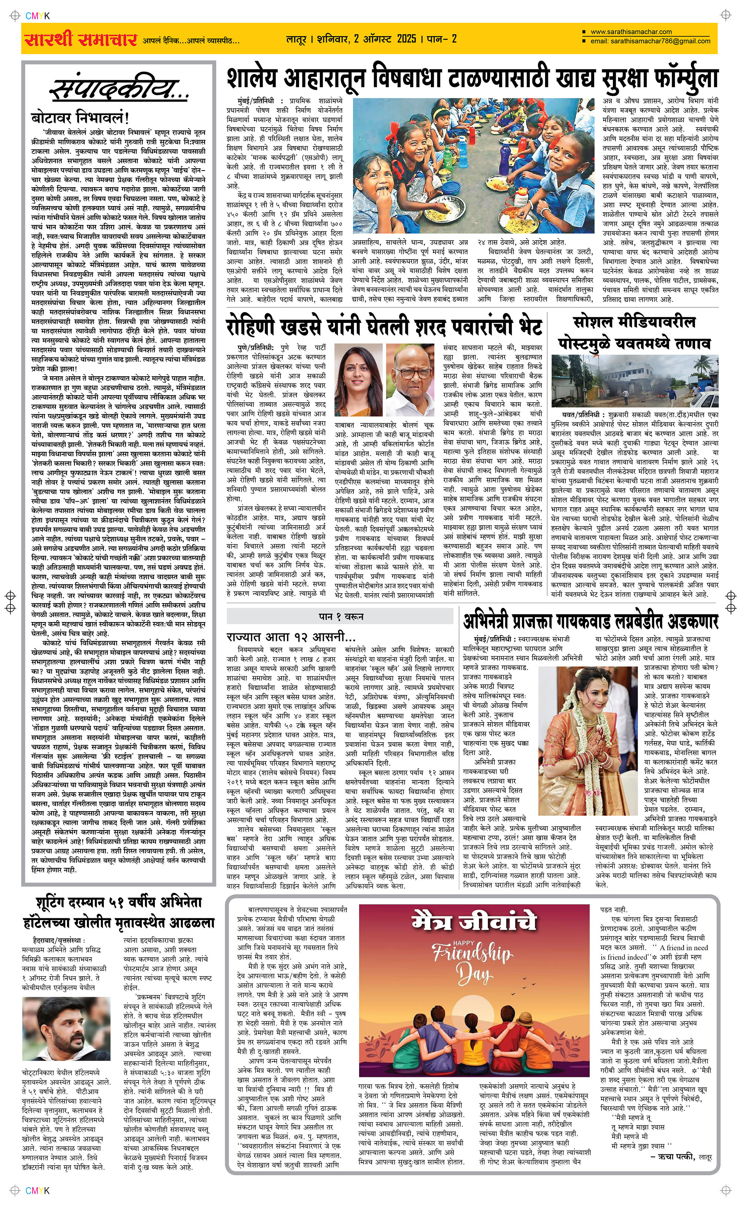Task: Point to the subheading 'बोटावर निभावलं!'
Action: [80, 118]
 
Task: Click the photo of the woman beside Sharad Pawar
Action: [358, 379]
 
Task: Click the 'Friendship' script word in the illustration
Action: [471, 954]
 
